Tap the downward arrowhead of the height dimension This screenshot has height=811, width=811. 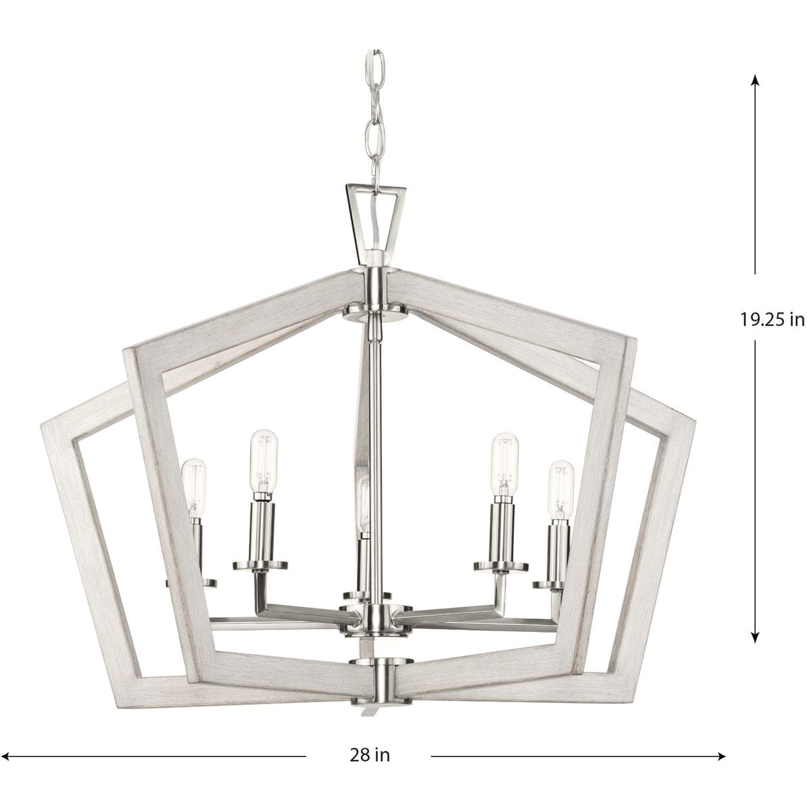[x=756, y=637]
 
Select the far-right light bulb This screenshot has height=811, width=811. [x=561, y=491]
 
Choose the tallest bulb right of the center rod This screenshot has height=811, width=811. [x=505, y=462]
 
